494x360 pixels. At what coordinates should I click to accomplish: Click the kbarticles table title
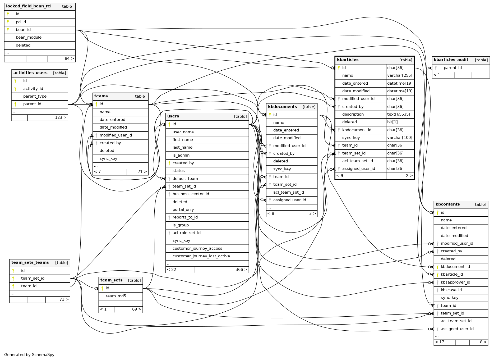(x=348, y=60)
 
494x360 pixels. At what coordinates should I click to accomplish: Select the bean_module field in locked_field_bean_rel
(x=29, y=38)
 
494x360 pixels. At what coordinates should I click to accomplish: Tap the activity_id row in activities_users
(x=33, y=89)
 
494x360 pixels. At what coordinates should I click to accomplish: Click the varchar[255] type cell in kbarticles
(x=400, y=76)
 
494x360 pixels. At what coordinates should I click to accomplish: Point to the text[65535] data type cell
(x=399, y=115)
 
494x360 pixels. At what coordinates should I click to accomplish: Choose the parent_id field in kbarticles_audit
(x=453, y=68)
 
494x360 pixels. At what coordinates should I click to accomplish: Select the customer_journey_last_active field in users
(x=201, y=256)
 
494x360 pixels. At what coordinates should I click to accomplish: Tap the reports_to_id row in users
(x=185, y=217)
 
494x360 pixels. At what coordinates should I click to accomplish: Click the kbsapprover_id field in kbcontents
(x=455, y=282)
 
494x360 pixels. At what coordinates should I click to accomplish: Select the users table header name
(x=173, y=116)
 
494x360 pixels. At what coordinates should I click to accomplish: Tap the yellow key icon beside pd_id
(x=8, y=22)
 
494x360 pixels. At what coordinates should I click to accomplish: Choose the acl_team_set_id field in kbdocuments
(x=288, y=193)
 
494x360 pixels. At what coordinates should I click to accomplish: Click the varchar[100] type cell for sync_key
(x=400, y=138)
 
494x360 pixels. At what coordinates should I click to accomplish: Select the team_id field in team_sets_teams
(x=29, y=286)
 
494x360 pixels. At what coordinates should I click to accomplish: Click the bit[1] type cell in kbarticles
(x=392, y=122)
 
